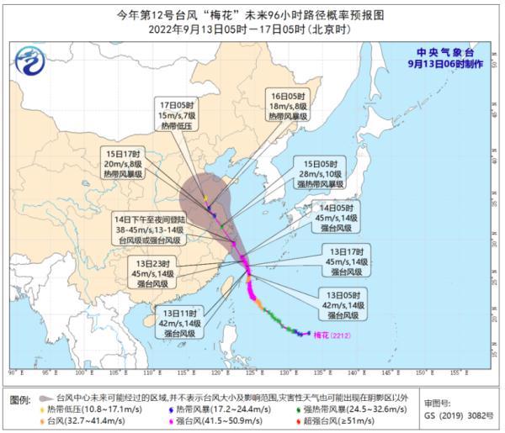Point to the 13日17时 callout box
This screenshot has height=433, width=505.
[346, 261]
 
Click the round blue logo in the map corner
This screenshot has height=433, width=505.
[31, 61]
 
